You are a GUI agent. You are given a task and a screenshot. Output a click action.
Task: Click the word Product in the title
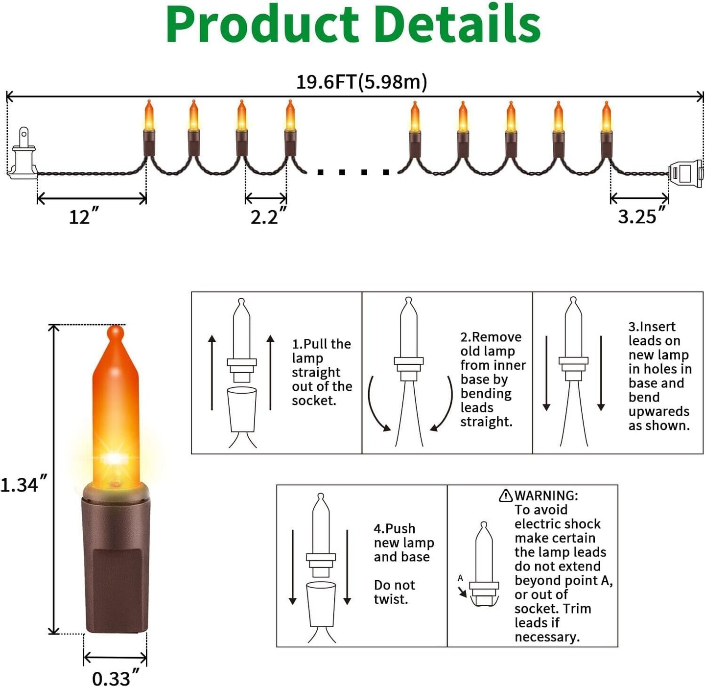262,24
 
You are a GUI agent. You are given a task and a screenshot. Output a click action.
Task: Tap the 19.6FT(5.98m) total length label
361,82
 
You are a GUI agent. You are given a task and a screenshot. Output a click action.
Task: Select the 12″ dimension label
84,216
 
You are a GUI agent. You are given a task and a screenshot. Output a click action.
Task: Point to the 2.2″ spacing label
268,216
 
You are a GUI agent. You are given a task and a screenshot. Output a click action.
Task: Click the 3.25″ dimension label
641,216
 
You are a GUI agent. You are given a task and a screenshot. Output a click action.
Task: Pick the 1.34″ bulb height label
23,485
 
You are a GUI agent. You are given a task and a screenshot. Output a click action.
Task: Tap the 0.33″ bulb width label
115,678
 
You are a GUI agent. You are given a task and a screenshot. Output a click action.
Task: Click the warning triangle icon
505,496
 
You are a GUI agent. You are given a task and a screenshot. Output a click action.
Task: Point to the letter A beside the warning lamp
460,578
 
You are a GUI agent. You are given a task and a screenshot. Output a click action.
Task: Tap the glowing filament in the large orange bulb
115,459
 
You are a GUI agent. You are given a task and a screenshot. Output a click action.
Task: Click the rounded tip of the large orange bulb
116,334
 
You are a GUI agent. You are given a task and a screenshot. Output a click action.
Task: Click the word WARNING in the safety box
546,496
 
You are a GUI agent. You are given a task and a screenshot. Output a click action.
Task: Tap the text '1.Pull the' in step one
321,344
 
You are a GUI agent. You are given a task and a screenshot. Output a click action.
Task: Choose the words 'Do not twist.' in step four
394,592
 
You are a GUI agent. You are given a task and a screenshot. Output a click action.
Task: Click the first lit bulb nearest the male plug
149,118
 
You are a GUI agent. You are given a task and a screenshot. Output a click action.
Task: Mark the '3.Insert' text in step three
652,327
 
